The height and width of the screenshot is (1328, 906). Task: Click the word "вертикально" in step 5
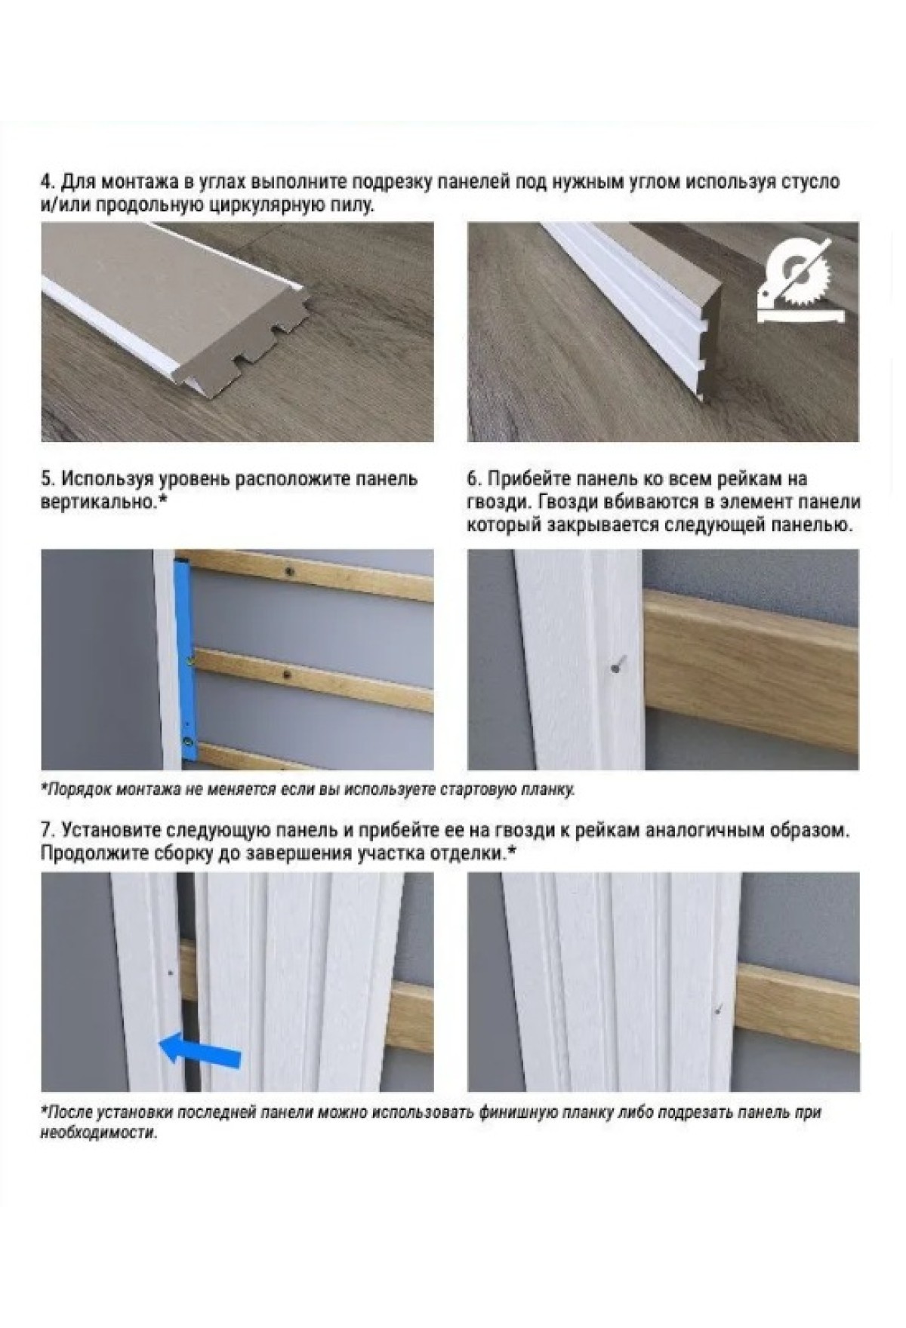click(x=96, y=502)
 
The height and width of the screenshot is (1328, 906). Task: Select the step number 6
click(x=473, y=479)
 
